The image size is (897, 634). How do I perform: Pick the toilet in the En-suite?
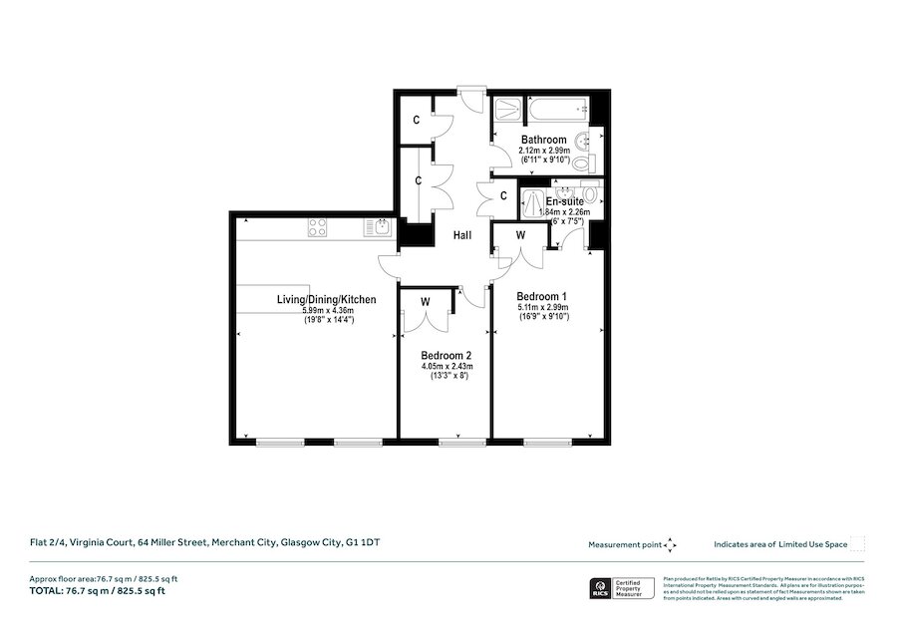tap(591, 192)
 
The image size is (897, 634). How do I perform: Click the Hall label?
tap(463, 235)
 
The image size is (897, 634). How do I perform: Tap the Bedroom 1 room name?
tap(542, 296)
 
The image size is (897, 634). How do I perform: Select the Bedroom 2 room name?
tap(446, 356)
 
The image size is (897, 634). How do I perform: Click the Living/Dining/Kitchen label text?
tap(326, 299)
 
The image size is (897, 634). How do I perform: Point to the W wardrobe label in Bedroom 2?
tap(425, 301)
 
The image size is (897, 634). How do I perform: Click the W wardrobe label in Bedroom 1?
tap(520, 235)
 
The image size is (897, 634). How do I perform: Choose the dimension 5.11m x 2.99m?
tap(542, 308)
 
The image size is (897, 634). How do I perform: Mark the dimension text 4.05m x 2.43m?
tap(446, 367)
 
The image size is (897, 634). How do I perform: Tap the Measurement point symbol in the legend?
tap(670, 544)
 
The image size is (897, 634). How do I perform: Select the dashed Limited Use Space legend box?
tap(857, 543)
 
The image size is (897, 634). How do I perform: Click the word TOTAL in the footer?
tap(44, 590)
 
